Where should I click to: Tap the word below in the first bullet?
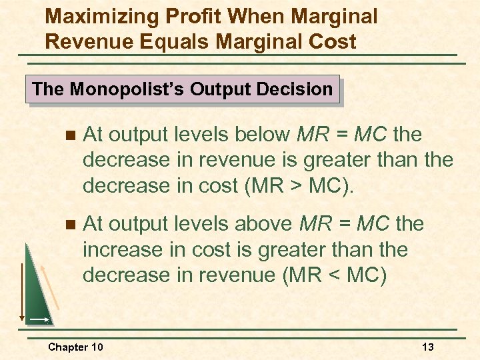click(x=261, y=135)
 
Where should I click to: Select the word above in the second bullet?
click(x=265, y=223)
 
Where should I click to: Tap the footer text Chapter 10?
click(x=75, y=347)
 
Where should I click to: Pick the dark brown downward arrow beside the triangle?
click(x=21, y=280)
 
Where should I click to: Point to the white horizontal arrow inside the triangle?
click(x=39, y=320)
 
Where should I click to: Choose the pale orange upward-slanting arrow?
click(x=51, y=287)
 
